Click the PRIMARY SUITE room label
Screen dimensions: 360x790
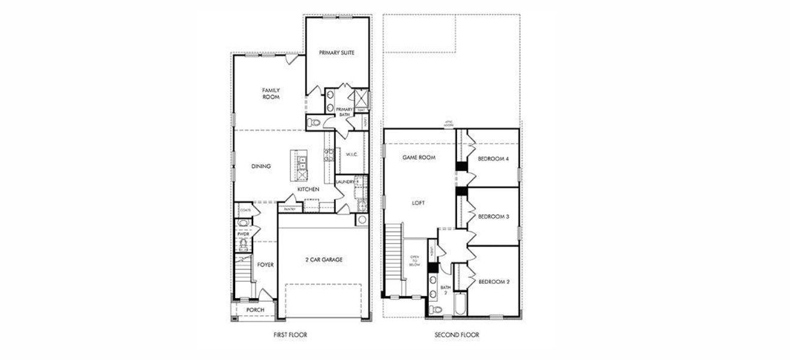(337, 53)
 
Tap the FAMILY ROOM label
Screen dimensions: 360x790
(271, 93)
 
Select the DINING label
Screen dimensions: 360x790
(262, 166)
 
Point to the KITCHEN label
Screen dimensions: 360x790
(308, 190)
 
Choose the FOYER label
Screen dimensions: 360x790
(265, 264)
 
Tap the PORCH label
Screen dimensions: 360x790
(256, 310)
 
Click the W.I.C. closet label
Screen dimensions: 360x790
(352, 154)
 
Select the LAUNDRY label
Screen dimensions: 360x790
(345, 182)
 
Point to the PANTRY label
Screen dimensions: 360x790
(290, 209)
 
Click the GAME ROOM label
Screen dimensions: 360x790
(418, 157)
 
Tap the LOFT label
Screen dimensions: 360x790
(418, 203)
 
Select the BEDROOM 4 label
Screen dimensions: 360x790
(493, 159)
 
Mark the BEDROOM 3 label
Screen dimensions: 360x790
(493, 217)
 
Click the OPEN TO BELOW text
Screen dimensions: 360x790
(414, 260)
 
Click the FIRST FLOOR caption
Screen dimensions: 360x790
(290, 335)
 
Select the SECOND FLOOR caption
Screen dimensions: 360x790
(457, 335)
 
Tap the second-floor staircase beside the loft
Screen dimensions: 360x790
(392, 258)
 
